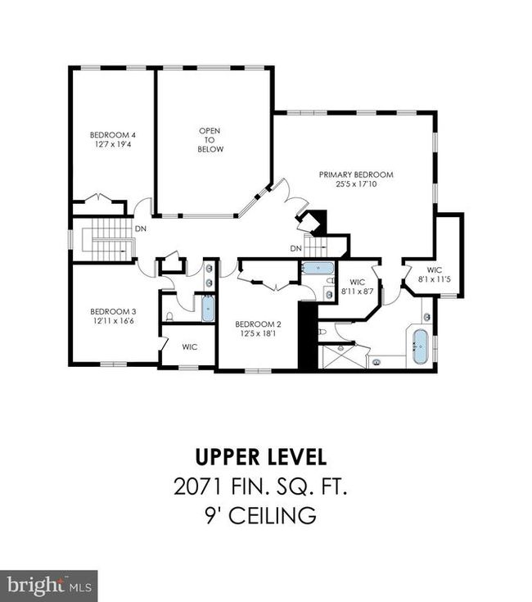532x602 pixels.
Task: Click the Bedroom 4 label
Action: (x=113, y=135)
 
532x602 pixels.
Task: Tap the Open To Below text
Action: (x=210, y=140)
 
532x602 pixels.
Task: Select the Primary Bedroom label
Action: (x=356, y=174)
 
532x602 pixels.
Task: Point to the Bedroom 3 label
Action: (x=113, y=312)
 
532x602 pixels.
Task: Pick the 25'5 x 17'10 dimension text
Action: (x=356, y=184)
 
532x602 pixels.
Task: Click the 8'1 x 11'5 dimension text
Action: (x=434, y=279)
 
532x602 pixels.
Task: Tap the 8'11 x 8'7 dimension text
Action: (x=358, y=292)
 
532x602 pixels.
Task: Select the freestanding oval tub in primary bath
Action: (x=420, y=346)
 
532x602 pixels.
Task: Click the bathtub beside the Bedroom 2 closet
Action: (x=318, y=268)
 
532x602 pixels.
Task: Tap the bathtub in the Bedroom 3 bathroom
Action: (x=208, y=308)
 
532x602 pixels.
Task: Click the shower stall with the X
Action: (x=340, y=356)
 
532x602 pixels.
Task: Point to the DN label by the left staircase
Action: (x=141, y=229)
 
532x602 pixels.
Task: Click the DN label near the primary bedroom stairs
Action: (x=296, y=249)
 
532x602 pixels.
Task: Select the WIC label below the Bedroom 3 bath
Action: (x=190, y=347)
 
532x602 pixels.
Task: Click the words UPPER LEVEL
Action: (x=261, y=457)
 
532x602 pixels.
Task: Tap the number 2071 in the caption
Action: (x=197, y=487)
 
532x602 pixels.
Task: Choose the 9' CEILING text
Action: (x=261, y=516)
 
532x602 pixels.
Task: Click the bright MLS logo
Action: (x=49, y=586)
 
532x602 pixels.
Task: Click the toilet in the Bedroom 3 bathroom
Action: (x=169, y=317)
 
